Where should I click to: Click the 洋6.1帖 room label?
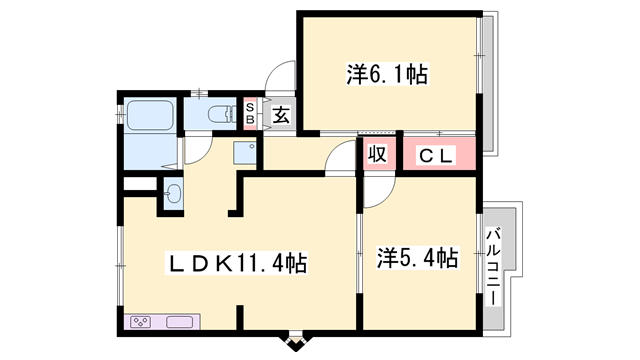[x=388, y=74]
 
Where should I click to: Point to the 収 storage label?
[x=377, y=156]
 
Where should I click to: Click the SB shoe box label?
[x=250, y=111]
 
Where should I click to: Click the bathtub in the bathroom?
[x=149, y=116]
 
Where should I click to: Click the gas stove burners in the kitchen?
[x=142, y=322]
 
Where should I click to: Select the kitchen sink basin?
[x=181, y=322]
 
